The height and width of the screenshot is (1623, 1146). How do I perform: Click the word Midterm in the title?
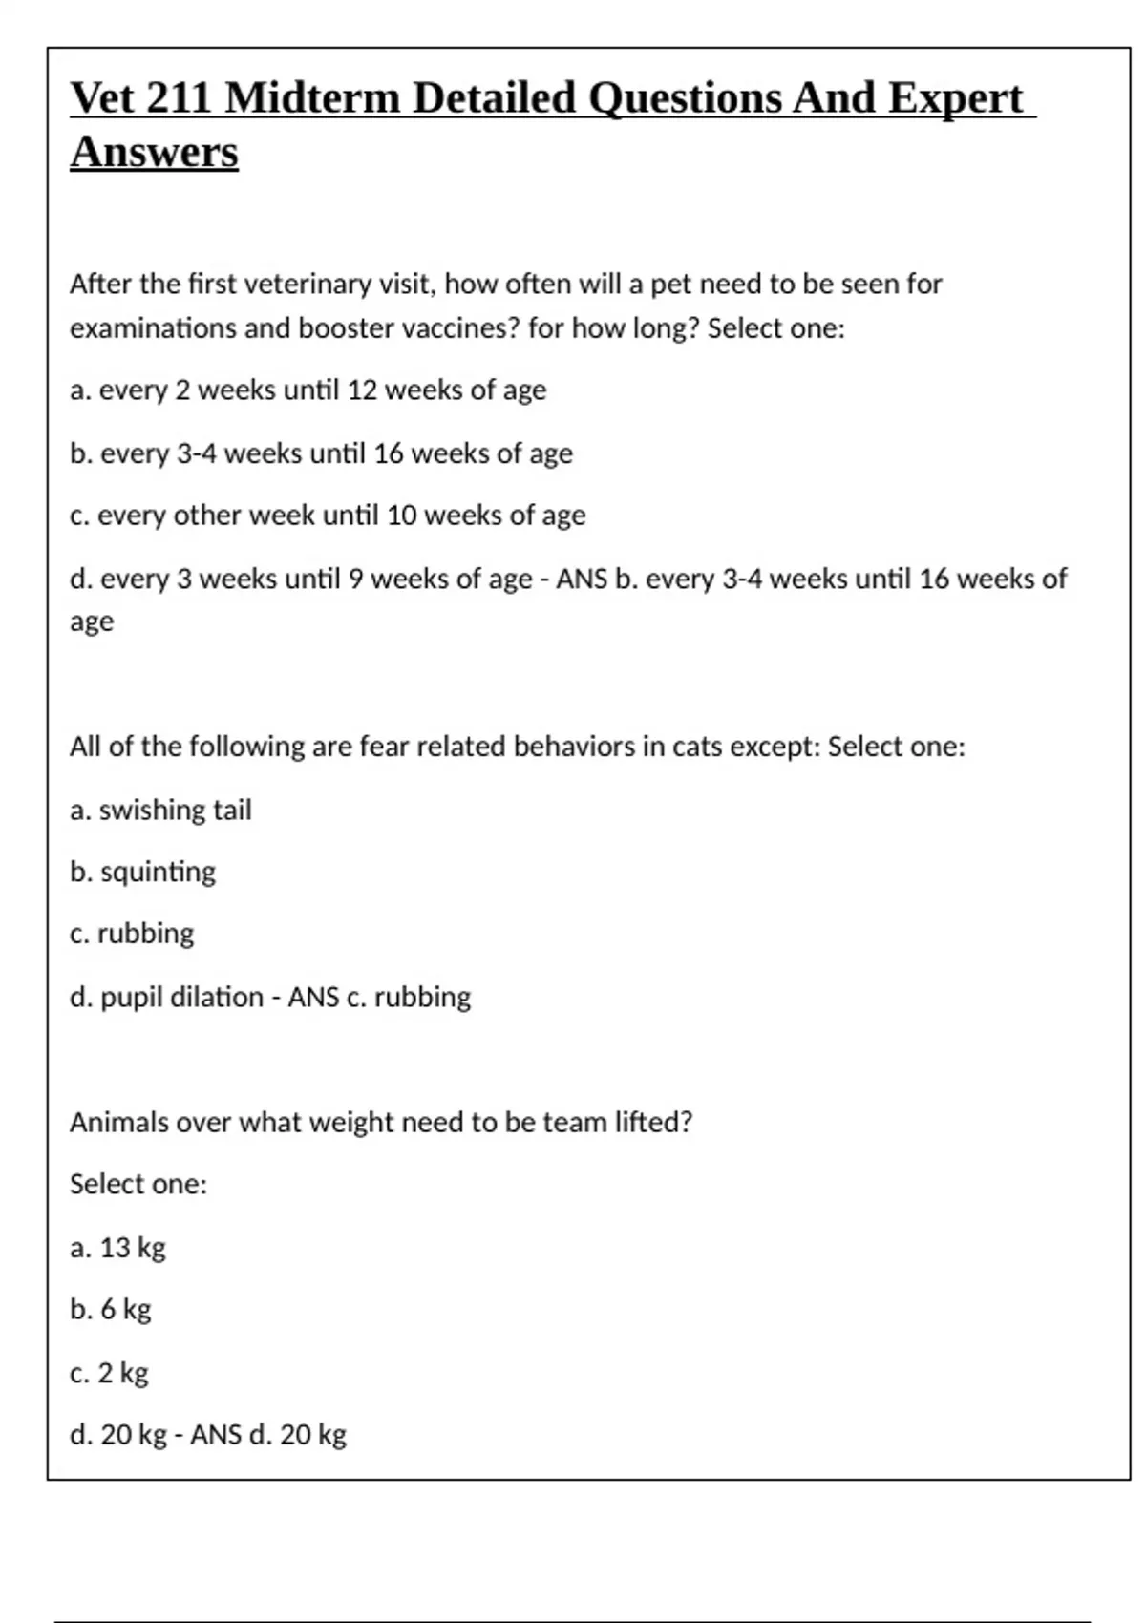pos(312,98)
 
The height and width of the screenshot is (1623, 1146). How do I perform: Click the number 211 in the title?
pos(179,98)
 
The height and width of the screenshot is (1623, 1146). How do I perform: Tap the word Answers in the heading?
pos(154,153)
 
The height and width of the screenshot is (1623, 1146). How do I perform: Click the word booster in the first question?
pos(344,328)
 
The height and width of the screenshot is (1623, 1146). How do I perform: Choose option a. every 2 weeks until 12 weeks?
pos(308,390)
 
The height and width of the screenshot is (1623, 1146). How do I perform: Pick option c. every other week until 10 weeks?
pos(328,516)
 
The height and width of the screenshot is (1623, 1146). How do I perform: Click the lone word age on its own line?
pos(92,622)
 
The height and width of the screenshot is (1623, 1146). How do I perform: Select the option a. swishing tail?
pos(160,811)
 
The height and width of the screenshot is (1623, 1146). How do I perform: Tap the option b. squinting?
pos(142,873)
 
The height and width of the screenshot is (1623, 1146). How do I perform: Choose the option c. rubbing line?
pos(132,934)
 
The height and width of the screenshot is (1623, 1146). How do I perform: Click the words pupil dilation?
pos(181,998)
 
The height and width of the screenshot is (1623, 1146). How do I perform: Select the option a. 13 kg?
pos(117,1248)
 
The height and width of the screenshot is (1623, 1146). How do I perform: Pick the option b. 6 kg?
pos(111,1310)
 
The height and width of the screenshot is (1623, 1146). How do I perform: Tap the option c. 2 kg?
pos(109,1374)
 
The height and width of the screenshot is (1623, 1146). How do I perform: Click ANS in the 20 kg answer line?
pos(215,1435)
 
